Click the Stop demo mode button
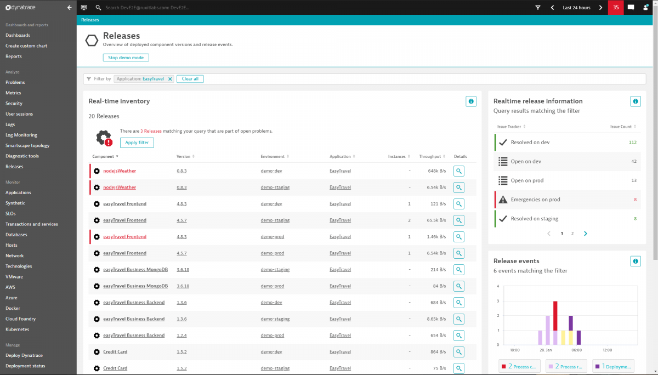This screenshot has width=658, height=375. click(x=126, y=58)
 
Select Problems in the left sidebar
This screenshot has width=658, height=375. click(x=15, y=82)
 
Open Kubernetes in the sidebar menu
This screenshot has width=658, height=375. click(x=17, y=329)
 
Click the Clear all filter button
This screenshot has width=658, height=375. click(x=190, y=79)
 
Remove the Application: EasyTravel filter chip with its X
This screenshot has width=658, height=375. click(x=170, y=79)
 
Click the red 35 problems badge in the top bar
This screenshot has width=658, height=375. click(x=616, y=8)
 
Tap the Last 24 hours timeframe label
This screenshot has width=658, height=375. click(x=576, y=8)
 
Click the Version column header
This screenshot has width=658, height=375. click(x=184, y=157)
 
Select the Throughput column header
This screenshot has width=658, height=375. click(x=430, y=157)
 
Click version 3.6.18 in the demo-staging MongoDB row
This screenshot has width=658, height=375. click(x=183, y=270)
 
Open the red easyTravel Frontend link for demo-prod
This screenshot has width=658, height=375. click(x=124, y=237)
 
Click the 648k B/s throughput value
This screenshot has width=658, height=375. click(x=436, y=171)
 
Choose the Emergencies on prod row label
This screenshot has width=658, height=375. click(x=535, y=200)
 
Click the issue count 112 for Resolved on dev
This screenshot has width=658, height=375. click(x=632, y=143)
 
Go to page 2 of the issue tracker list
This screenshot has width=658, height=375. click(x=572, y=234)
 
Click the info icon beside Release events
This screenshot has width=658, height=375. click(x=636, y=261)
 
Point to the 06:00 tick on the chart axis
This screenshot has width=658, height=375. click(x=576, y=350)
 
